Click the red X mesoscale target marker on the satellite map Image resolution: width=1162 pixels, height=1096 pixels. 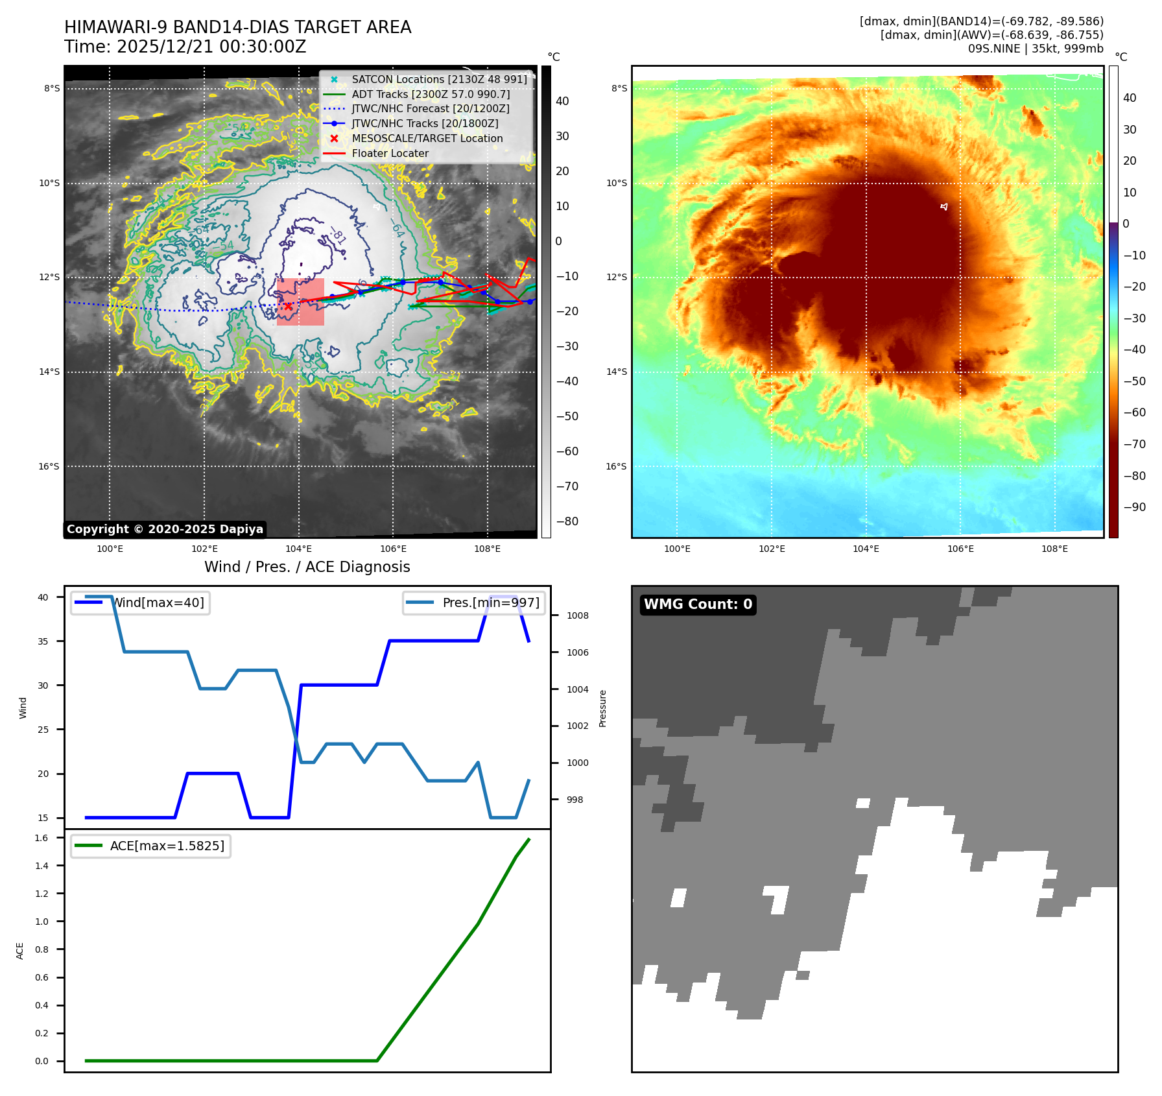click(288, 306)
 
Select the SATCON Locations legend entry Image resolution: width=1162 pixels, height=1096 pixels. click(438, 79)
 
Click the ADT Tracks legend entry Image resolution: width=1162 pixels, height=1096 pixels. click(430, 94)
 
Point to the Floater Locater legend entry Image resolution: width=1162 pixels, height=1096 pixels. click(390, 153)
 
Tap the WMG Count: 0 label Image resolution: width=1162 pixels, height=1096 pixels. click(698, 604)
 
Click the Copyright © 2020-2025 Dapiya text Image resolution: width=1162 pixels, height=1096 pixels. click(165, 529)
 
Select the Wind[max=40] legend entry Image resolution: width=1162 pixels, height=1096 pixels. click(158, 602)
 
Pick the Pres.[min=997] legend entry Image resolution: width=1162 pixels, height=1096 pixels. click(490, 602)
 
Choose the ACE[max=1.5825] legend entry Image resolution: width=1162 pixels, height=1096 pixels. click(167, 846)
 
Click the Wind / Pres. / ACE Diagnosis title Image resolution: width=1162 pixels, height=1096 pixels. click(307, 567)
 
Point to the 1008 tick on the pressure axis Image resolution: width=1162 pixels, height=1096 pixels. click(577, 615)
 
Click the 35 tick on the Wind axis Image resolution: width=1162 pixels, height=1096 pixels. click(43, 641)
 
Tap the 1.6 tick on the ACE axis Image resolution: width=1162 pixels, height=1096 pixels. click(41, 838)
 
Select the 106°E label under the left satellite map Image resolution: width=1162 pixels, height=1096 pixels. click(393, 549)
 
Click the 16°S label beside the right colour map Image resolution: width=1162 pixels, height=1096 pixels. click(616, 466)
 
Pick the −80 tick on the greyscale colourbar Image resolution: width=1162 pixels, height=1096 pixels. click(567, 521)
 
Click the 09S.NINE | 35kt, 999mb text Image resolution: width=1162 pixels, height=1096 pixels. click(1036, 49)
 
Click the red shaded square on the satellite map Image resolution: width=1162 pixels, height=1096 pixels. click(300, 302)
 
